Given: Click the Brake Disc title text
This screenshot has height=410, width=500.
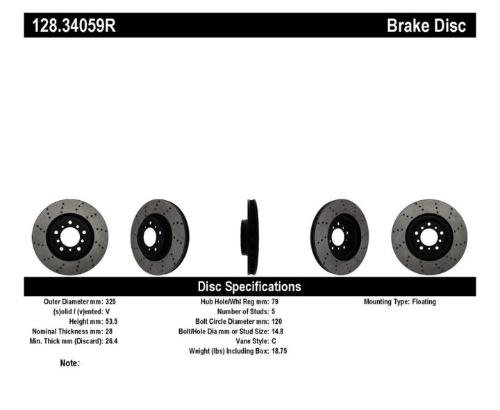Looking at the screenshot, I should (x=431, y=26).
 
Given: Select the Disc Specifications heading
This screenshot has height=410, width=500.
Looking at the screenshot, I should (x=249, y=286).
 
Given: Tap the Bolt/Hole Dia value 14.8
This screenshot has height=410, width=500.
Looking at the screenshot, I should (x=276, y=331).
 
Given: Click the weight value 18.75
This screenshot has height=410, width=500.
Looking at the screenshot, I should (x=278, y=351).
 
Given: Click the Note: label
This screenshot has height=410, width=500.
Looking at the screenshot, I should (x=70, y=363).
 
